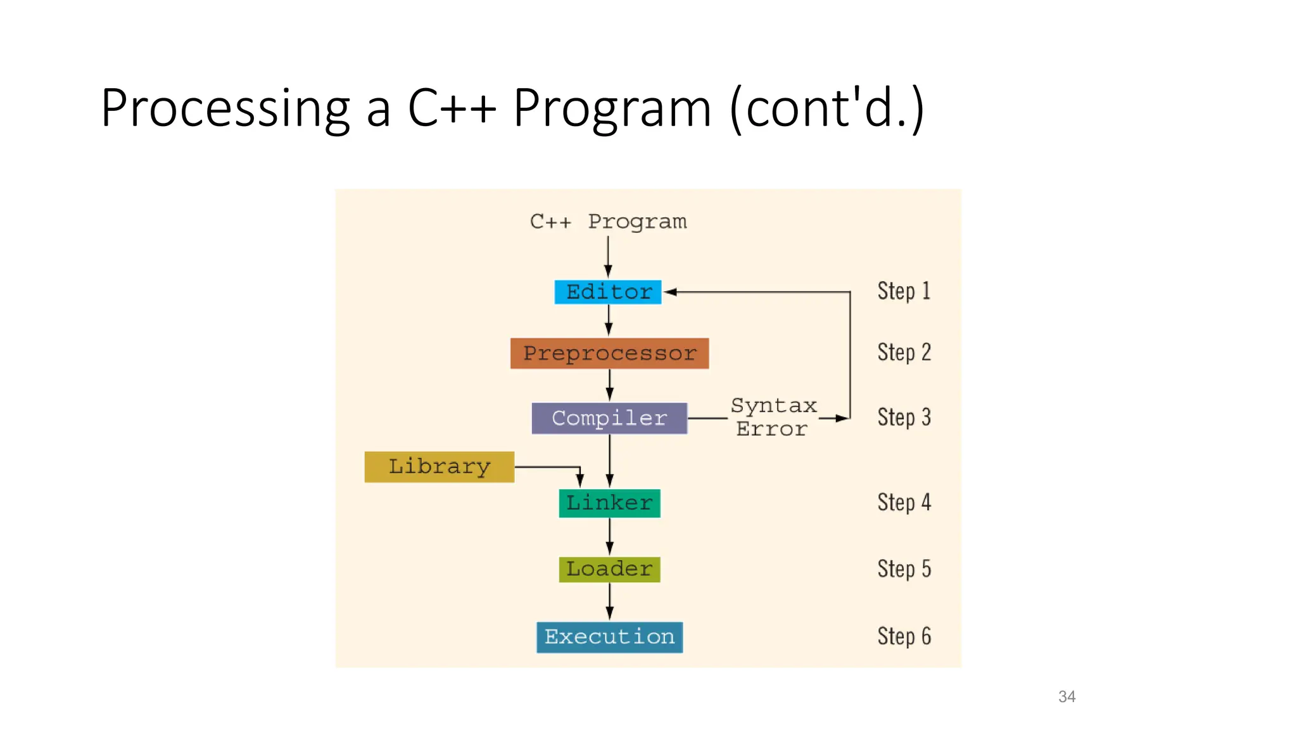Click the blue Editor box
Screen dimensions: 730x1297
pyautogui.click(x=608, y=292)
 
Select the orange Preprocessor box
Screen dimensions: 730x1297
pyautogui.click(x=609, y=353)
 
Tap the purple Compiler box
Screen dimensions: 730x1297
pyautogui.click(x=609, y=418)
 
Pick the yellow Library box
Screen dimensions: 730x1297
pyautogui.click(x=439, y=467)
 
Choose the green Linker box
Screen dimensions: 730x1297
pyautogui.click(x=609, y=503)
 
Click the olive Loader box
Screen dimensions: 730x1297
pyautogui.click(x=609, y=569)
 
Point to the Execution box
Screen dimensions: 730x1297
pyautogui.click(x=609, y=637)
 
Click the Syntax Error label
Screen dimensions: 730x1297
pyautogui.click(x=773, y=417)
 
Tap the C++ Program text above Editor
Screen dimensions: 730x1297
pyautogui.click(x=608, y=222)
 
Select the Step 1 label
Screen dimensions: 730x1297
pyautogui.click(x=904, y=291)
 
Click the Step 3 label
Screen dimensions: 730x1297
pyautogui.click(x=904, y=417)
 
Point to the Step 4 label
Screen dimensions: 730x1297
pyautogui.click(x=904, y=502)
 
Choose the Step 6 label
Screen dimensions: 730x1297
pyautogui.click(x=904, y=636)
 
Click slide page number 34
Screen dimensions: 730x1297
pyautogui.click(x=1066, y=696)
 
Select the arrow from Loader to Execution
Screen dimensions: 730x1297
pyautogui.click(x=610, y=601)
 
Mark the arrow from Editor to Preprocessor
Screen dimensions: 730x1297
pyautogui.click(x=609, y=320)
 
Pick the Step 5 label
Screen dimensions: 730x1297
pyautogui.click(x=904, y=568)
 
